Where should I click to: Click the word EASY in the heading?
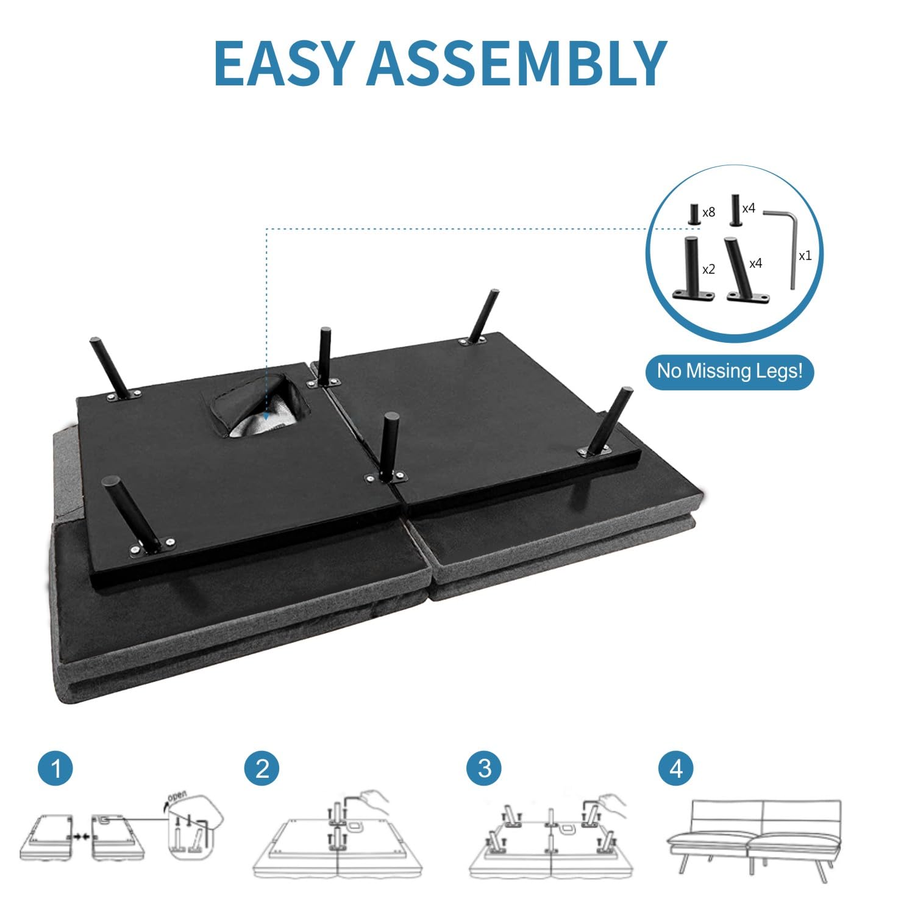pos(284,63)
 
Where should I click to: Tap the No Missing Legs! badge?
pos(730,371)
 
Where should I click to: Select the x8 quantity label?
pos(708,213)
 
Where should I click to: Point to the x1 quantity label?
pos(805,256)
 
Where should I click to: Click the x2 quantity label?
pos(708,269)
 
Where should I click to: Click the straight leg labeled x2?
pos(692,268)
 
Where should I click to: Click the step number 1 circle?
pos(55,768)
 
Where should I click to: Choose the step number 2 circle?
pos(262,768)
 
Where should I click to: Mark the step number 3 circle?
pos(484,768)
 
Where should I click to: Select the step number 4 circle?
pos(676,768)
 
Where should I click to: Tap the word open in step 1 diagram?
pos(177,795)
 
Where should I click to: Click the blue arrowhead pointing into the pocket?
pos(266,415)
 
